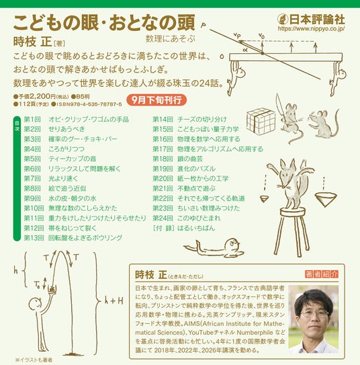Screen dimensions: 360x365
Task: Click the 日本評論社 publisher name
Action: tap(316, 19)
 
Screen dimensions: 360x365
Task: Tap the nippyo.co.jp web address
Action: tap(311, 29)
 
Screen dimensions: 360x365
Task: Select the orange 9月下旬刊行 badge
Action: tap(156, 100)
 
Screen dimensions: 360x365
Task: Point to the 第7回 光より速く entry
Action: tap(51, 179)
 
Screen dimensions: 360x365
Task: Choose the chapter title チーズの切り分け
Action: tap(202, 120)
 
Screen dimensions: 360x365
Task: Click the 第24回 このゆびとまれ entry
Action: tap(187, 218)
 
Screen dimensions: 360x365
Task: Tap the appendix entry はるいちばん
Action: tap(196, 228)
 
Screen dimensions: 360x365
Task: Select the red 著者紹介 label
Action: tap(322, 274)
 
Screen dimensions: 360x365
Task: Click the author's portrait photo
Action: tap(313, 319)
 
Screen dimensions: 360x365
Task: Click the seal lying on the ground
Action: tap(215, 249)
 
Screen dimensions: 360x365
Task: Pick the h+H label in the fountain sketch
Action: tap(114, 301)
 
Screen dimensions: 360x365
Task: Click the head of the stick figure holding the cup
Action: tap(36, 304)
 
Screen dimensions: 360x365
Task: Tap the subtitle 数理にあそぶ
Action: tap(171, 38)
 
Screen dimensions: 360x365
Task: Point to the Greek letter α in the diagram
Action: tap(245, 49)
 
